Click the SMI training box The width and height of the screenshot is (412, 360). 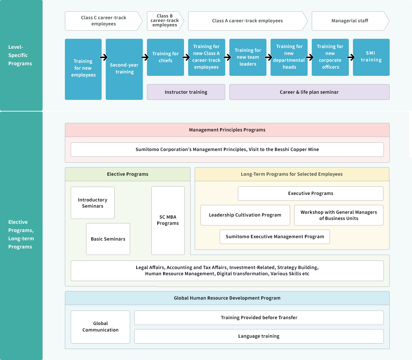click(x=371, y=57)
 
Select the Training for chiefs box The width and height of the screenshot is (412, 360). click(x=165, y=57)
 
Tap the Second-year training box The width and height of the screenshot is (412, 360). click(x=124, y=69)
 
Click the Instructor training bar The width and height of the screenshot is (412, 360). click(x=186, y=92)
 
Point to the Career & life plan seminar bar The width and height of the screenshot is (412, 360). click(x=309, y=92)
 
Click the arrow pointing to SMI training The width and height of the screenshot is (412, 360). click(x=351, y=57)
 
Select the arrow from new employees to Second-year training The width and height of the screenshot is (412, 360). click(x=104, y=57)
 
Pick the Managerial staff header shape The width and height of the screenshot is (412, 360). click(x=351, y=21)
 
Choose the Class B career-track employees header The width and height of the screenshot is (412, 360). click(x=165, y=21)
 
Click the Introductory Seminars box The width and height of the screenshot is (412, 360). click(x=93, y=202)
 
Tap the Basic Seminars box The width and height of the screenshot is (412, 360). click(x=108, y=239)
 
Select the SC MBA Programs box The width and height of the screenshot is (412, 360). click(x=168, y=221)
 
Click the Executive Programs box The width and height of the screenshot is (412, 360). click(x=310, y=193)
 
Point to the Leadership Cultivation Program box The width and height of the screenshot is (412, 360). click(x=245, y=215)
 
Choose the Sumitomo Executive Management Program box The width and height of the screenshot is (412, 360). click(x=275, y=237)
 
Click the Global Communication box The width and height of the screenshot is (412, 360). click(x=100, y=327)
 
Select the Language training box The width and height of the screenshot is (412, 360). click(x=259, y=336)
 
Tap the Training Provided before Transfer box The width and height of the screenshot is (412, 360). click(x=259, y=317)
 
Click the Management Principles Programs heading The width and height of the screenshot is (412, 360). click(x=227, y=130)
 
